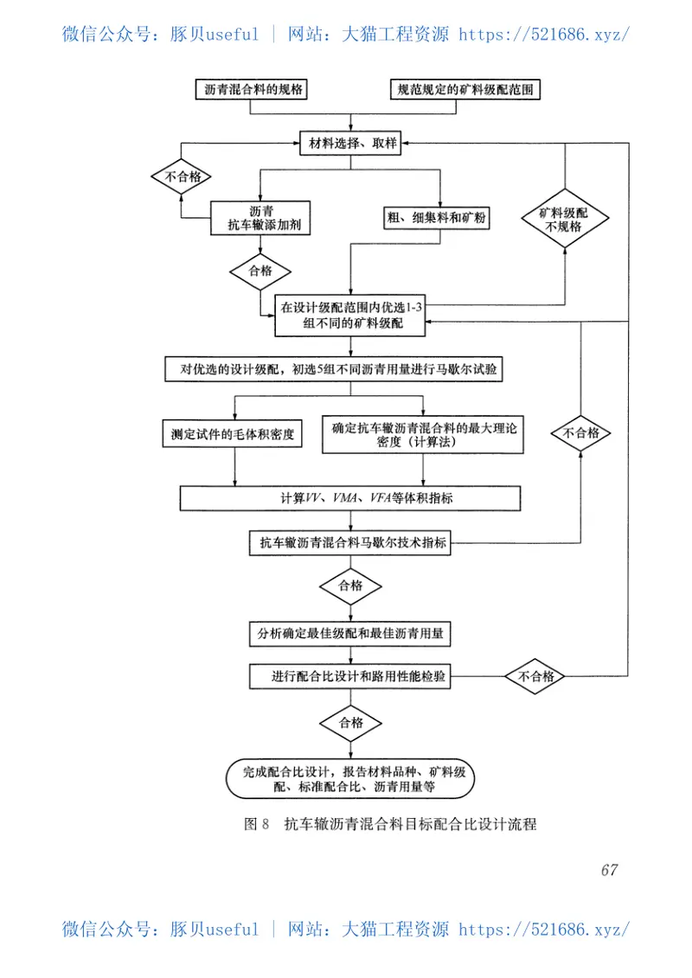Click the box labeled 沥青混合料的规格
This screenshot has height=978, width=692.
[253, 90]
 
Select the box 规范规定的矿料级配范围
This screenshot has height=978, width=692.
[469, 90]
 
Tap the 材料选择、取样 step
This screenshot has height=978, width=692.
[349, 144]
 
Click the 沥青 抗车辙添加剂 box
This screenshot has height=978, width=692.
[262, 218]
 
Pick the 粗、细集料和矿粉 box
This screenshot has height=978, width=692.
[438, 219]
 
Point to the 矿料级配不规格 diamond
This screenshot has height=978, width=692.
[564, 219]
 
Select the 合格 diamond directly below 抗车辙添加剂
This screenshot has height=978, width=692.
[260, 271]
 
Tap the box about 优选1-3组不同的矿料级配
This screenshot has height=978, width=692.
[351, 316]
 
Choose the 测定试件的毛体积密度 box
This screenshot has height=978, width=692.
[232, 434]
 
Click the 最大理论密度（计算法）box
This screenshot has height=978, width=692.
[424, 434]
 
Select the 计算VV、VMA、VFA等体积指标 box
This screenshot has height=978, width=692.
[349, 498]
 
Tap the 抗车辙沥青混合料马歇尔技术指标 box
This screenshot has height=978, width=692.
[349, 544]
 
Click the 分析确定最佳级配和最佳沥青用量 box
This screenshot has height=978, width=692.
[349, 633]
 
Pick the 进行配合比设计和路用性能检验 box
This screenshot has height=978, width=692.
[349, 677]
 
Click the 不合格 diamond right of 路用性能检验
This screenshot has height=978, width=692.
[536, 677]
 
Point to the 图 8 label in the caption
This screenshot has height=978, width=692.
[257, 824]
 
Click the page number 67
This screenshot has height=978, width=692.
[609, 870]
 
